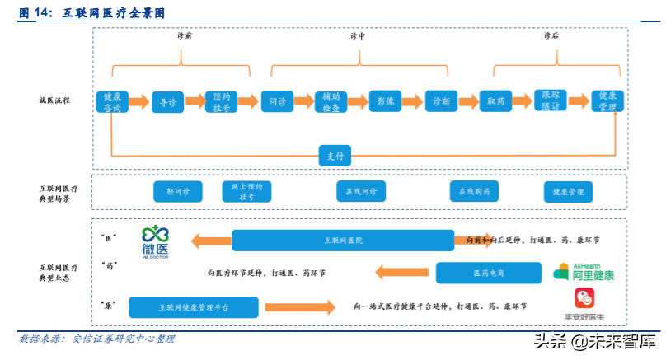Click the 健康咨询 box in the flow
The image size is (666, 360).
tap(112, 101)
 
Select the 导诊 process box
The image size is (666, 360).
tap(167, 101)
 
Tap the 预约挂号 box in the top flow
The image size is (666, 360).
tap(223, 101)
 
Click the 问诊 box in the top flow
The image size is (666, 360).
tap(278, 101)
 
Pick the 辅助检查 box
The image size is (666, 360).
tap(332, 101)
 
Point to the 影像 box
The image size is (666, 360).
tap(386, 101)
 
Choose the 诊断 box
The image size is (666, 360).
tap(441, 101)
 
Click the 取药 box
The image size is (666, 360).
tap(496, 101)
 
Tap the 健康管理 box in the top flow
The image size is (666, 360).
tap(607, 101)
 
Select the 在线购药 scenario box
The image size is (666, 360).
tap(474, 191)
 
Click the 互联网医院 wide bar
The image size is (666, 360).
tap(342, 241)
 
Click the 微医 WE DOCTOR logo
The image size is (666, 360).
tap(154, 241)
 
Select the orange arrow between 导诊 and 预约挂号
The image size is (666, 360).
tap(195, 101)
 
